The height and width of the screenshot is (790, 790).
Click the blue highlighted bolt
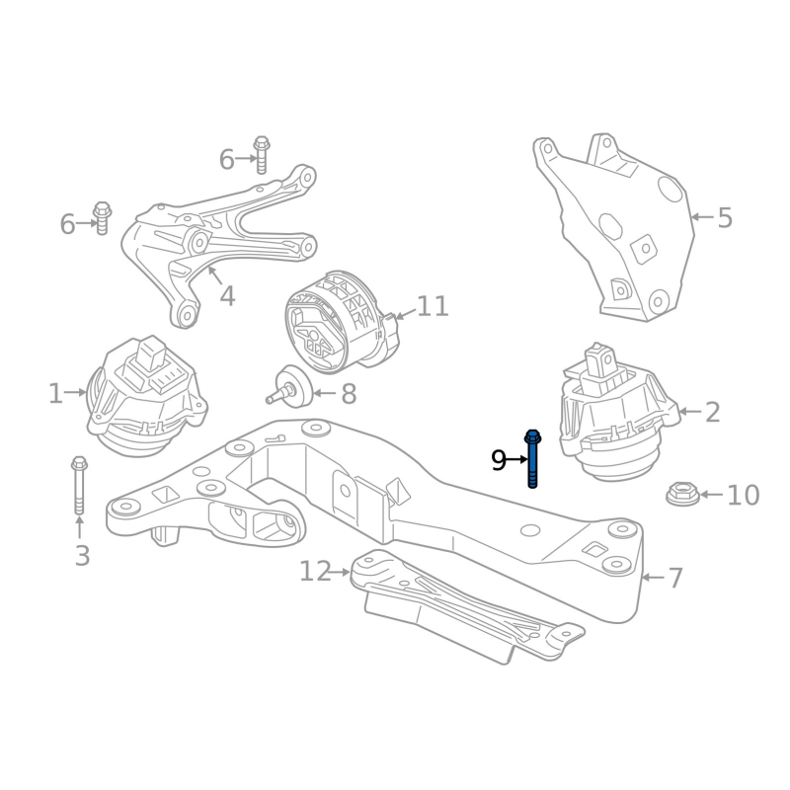(532, 458)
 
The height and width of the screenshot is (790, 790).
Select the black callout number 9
(499, 460)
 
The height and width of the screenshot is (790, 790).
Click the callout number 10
(744, 495)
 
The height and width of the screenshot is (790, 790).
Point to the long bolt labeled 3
(79, 485)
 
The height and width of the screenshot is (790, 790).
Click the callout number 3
(82, 556)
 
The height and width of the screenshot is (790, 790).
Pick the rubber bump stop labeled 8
(289, 386)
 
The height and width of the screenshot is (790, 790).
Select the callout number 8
(349, 394)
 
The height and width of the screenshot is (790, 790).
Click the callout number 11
(433, 306)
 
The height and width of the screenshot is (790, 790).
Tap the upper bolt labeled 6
(262, 155)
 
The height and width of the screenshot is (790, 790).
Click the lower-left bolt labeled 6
(103, 217)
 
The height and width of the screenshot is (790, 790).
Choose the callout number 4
(228, 296)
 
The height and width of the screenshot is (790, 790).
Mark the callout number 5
(725, 218)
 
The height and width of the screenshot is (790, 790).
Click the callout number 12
(315, 572)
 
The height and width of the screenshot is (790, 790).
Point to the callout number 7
(675, 578)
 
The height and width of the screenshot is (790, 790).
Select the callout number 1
(56, 393)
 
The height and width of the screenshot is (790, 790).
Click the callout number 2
(712, 412)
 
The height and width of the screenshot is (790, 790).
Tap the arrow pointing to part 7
(653, 578)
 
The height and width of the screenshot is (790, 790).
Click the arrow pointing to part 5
(702, 217)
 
